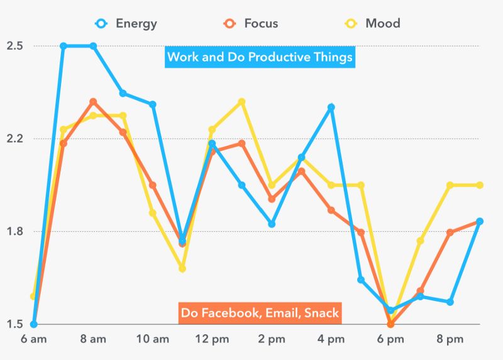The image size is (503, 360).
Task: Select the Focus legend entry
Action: click(x=251, y=24)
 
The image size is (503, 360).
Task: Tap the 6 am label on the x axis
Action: click(x=33, y=339)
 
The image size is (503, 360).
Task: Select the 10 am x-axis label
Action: click(x=152, y=339)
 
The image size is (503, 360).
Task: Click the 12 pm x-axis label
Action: click(x=212, y=339)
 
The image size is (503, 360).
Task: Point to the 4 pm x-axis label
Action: click(x=331, y=339)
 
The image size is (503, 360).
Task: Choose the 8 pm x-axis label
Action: click(x=450, y=339)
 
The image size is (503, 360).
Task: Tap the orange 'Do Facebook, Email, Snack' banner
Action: click(x=260, y=312)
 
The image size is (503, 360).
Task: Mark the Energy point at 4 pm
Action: click(x=331, y=107)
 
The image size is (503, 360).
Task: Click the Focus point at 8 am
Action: click(x=93, y=102)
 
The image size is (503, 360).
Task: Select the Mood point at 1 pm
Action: click(x=241, y=102)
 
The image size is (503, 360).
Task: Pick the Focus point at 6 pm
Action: click(x=390, y=324)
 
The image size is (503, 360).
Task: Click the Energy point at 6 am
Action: click(x=33, y=324)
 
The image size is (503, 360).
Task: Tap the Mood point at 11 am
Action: click(x=182, y=268)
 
